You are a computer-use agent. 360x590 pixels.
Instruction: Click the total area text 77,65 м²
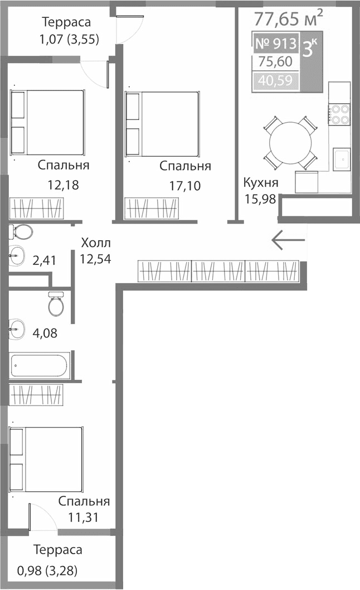[288, 19]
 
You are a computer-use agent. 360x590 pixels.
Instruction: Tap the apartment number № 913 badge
[275, 44]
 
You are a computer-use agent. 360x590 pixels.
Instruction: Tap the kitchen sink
[341, 158]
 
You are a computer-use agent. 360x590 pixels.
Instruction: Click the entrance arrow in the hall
[288, 239]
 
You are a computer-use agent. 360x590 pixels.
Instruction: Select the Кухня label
[260, 183]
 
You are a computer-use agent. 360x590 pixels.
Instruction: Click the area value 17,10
[184, 185]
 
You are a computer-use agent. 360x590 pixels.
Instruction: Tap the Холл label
[96, 243]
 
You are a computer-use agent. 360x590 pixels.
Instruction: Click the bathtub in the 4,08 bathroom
[39, 366]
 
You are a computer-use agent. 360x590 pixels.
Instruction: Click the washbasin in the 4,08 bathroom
[16, 329]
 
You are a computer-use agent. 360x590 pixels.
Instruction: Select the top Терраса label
[66, 23]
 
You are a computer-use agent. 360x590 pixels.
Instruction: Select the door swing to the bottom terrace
[42, 518]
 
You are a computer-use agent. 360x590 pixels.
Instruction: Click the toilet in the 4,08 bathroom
[56, 304]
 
